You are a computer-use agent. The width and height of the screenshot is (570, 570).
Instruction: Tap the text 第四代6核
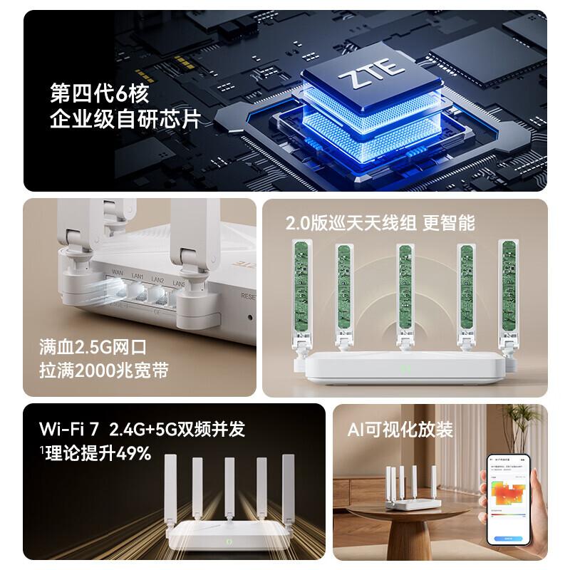99,93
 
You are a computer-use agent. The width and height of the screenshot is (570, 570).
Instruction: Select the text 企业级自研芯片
121,119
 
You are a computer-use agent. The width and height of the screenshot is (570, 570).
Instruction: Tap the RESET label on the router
249,296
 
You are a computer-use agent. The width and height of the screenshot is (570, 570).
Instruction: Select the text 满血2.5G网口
93,348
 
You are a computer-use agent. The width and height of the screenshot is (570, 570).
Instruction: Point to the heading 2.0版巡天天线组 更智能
380,222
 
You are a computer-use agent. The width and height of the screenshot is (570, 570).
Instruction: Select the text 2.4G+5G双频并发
177,430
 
